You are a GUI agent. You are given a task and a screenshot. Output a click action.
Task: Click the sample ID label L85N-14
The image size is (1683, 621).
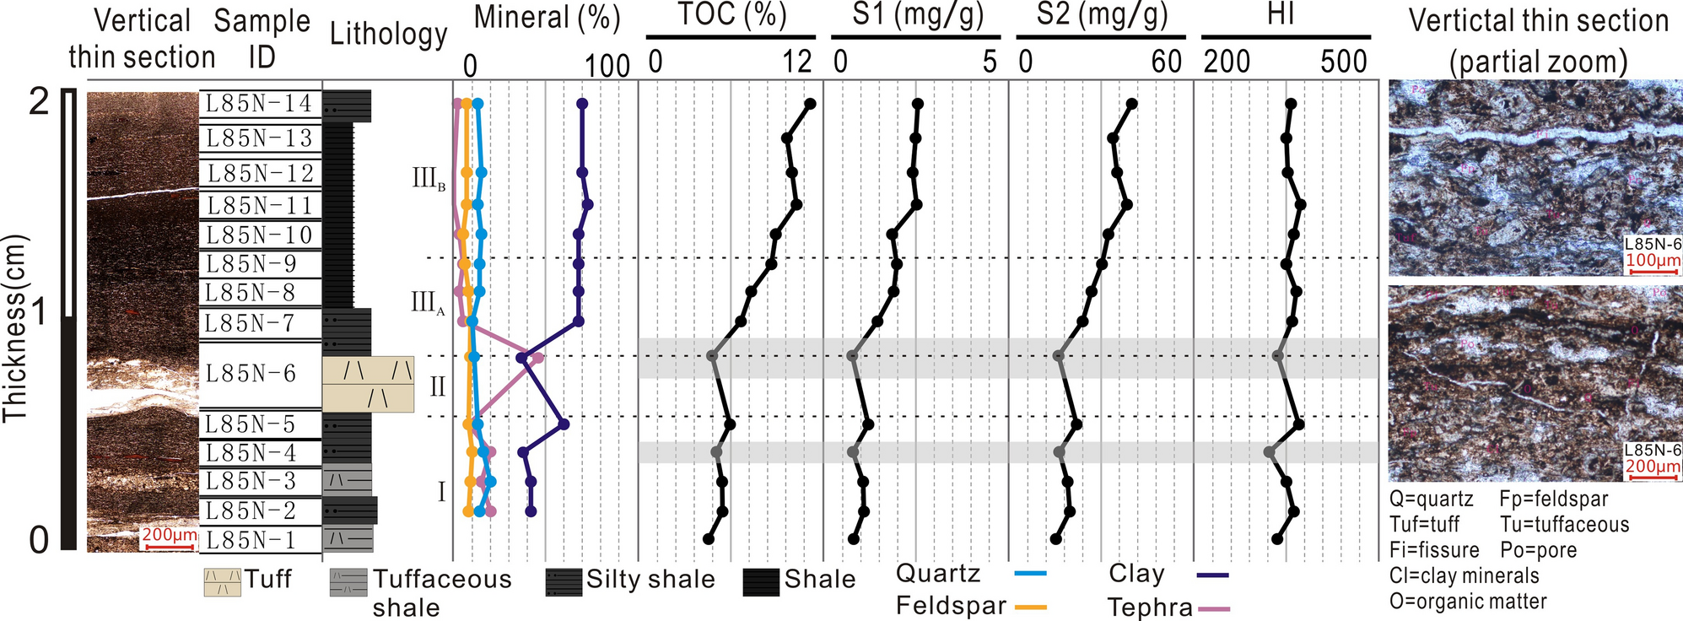coord(260,104)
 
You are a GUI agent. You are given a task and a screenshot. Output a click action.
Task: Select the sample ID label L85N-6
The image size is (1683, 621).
coord(251,374)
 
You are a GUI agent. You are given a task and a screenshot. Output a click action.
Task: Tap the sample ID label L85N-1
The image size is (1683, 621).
coord(250,540)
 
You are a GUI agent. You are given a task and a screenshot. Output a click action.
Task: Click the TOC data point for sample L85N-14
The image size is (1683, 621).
coord(810,104)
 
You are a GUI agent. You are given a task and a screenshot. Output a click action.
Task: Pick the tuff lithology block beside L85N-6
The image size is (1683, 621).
coord(369,384)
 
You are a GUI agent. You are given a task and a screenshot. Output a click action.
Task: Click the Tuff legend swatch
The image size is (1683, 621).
coord(222,581)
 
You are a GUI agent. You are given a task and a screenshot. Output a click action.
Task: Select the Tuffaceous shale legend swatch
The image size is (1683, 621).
coord(348,582)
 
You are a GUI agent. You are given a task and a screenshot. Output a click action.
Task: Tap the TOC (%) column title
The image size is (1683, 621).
coord(731,15)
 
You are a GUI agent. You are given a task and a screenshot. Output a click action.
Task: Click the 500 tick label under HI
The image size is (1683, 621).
coord(1343,62)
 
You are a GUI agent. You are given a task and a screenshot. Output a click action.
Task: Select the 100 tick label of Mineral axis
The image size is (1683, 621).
coord(607,66)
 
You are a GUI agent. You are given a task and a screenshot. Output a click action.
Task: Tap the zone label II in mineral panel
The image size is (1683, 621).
coord(438,387)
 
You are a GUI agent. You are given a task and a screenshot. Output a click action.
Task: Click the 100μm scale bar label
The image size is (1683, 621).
coord(1653,261)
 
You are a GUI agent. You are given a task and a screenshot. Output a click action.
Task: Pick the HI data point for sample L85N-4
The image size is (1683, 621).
coord(1270,452)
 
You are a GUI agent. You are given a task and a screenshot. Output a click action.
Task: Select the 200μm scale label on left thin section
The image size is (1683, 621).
coord(169,535)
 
